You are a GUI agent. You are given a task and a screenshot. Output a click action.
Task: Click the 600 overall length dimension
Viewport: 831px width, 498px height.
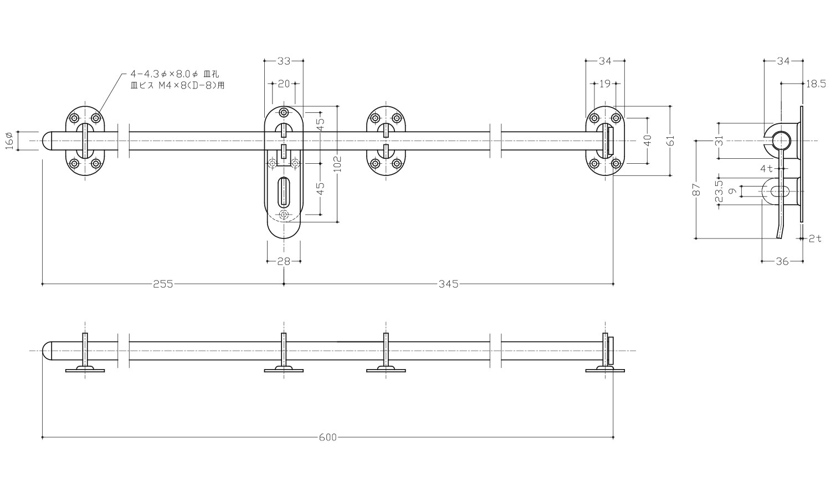pos(328,437)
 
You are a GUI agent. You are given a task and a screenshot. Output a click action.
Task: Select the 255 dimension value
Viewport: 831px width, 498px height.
pos(163,284)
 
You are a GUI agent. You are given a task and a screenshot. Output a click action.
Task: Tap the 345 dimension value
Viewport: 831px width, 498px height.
pos(449,284)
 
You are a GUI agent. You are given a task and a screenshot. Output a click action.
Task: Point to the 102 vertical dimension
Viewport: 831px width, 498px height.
pos(337,164)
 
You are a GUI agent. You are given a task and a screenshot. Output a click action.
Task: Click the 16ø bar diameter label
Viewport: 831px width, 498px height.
pos(9,141)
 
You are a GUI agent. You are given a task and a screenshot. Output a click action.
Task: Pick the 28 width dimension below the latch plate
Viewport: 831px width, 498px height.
pos(284,261)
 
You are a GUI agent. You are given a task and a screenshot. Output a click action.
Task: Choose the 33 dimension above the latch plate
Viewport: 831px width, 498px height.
pos(284,61)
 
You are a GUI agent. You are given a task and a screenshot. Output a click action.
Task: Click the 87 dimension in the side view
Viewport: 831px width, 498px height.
pos(697,190)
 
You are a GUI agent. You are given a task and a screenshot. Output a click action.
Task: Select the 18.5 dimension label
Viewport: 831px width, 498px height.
pos(816,84)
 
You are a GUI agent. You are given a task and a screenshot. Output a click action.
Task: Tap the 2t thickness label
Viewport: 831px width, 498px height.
pos(815,238)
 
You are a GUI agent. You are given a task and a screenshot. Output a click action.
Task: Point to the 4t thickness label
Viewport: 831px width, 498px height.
pos(766,169)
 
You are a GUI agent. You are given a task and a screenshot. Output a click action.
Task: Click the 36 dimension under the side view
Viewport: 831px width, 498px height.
pos(782,261)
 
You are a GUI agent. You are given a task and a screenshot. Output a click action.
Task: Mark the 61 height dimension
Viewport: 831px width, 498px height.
pos(670,141)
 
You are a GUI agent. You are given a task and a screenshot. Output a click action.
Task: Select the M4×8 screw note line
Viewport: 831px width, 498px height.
pos(177,85)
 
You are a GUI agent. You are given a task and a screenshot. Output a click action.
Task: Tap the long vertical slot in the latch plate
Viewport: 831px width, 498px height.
pos(284,191)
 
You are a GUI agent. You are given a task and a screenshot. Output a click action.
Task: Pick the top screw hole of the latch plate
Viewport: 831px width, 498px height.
pos(284,113)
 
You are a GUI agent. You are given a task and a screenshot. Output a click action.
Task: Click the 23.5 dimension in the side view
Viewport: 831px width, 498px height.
pos(719,191)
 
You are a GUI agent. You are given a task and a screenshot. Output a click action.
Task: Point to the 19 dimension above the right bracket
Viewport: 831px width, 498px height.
pos(605,84)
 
